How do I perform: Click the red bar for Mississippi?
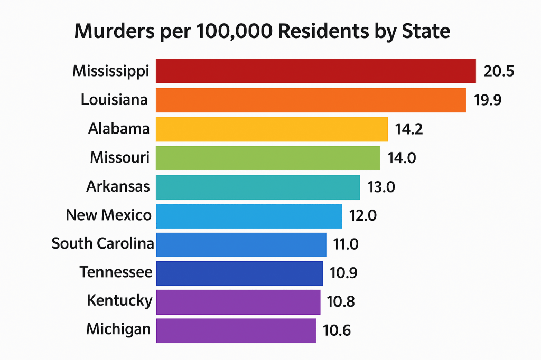coord(316,71)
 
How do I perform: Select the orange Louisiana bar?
coord(311,100)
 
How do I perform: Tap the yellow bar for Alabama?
coord(272,129)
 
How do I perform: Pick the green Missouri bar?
coord(268,158)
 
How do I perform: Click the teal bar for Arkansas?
coord(258,187)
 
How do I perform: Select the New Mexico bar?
coord(249,215)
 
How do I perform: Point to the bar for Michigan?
coord(236,330)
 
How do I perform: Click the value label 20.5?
coord(499,72)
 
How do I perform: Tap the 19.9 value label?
coord(489,100)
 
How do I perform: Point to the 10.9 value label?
coord(344,273)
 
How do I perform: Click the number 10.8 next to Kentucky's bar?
coord(341,302)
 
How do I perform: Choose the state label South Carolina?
coord(103,244)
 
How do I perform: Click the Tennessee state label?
coord(116,272)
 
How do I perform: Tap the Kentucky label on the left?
coord(119,301)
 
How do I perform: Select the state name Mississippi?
coord(111,71)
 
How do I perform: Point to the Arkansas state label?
coord(118,186)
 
